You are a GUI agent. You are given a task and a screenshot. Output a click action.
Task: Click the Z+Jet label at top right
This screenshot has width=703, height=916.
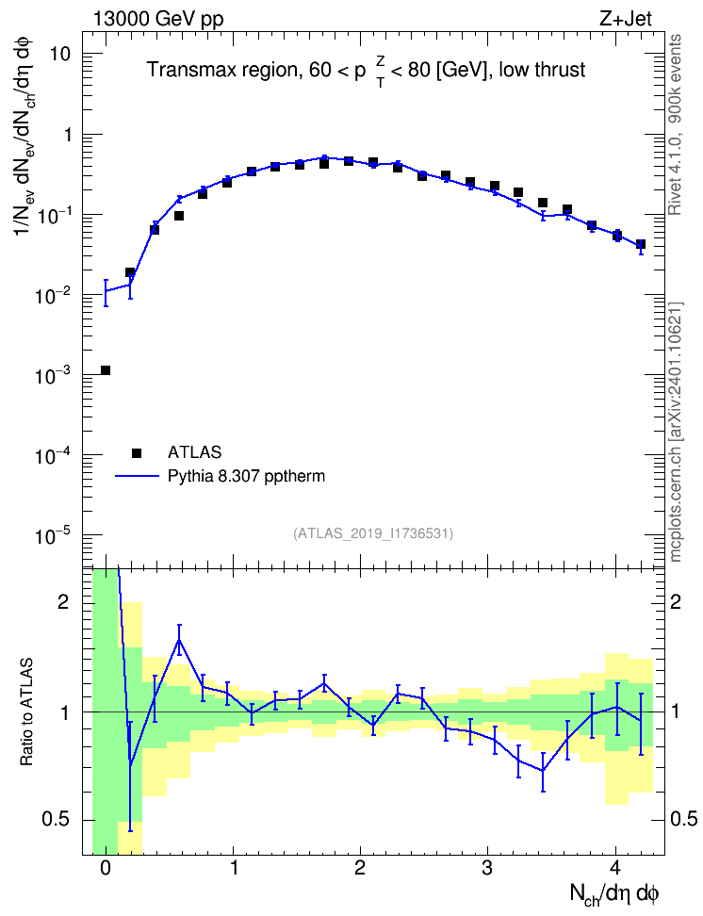[626, 19]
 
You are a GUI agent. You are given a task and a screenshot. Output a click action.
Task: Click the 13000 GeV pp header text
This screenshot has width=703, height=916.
[158, 20]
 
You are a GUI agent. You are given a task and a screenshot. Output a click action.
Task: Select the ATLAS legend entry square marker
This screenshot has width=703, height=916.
[137, 452]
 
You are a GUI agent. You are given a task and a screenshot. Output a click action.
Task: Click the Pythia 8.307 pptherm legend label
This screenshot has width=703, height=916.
[246, 476]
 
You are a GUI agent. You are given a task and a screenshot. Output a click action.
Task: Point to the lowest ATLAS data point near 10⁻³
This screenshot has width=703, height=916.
[106, 370]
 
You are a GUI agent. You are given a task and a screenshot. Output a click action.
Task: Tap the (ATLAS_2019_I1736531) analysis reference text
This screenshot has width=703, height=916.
[373, 533]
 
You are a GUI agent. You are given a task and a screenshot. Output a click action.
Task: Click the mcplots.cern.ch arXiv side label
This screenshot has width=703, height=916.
[676, 432]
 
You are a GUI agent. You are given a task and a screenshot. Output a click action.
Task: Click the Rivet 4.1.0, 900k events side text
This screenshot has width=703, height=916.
[675, 124]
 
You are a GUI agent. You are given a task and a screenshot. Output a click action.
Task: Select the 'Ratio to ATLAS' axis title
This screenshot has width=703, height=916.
[26, 712]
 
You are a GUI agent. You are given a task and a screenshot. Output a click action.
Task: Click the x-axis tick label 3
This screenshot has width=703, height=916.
[487, 868]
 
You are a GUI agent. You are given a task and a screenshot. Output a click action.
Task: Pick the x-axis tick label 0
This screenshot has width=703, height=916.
[106, 868]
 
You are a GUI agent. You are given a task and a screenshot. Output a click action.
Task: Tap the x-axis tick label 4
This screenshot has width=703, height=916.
[615, 868]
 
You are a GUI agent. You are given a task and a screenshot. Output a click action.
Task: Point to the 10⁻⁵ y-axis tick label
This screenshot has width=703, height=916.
[53, 535]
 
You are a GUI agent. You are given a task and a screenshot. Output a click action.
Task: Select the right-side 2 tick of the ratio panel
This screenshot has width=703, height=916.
[676, 602]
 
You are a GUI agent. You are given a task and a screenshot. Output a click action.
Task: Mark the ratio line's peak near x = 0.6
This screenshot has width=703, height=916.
[179, 640]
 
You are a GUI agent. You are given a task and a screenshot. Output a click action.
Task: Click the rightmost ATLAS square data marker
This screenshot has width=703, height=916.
[641, 245]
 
